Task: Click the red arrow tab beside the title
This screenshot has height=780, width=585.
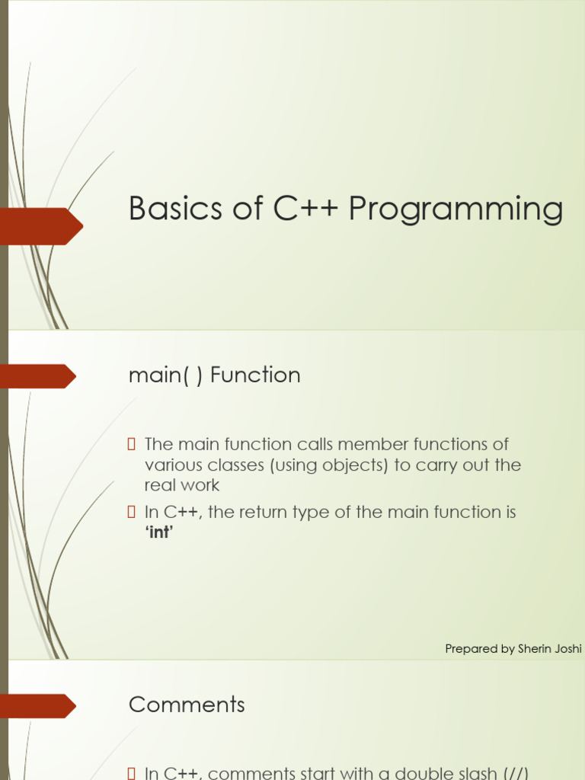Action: coord(41,225)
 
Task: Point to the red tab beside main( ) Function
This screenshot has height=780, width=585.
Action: coord(38,376)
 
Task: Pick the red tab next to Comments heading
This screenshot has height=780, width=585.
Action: coord(38,705)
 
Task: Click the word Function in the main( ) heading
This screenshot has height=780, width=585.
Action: coord(255,375)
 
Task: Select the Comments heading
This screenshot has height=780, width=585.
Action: coord(187,705)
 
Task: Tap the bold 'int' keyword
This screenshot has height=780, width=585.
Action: coord(159,532)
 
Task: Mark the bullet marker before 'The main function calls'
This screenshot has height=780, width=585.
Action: coord(131,444)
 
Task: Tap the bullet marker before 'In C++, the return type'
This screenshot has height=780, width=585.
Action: coord(131,512)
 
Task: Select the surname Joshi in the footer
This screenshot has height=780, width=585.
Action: coord(568,649)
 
